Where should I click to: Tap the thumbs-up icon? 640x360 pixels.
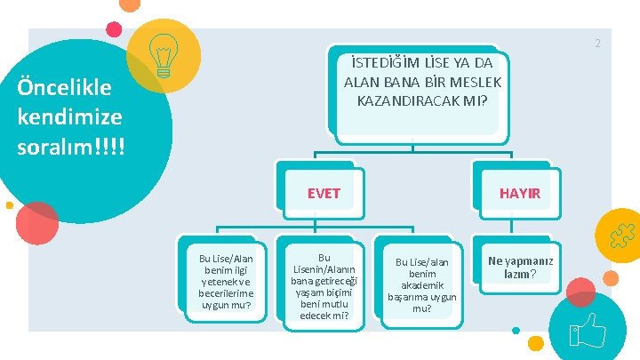pyautogui.click(x=588, y=331)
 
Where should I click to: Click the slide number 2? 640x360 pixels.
pyautogui.click(x=598, y=44)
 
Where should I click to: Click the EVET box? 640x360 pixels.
pyautogui.click(x=323, y=193)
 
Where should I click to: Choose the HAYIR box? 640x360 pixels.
pyautogui.click(x=519, y=193)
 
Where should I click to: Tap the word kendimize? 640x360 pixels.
pyautogui.click(x=69, y=116)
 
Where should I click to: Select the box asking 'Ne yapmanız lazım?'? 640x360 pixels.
pyautogui.click(x=519, y=268)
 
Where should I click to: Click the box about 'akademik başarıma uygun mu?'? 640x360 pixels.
pyautogui.click(x=422, y=284)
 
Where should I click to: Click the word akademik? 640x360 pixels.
pyautogui.click(x=422, y=286)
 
